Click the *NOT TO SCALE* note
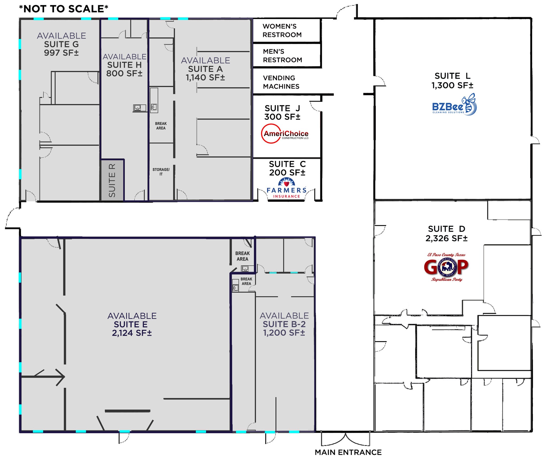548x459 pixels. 64,9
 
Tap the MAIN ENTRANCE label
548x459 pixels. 348,452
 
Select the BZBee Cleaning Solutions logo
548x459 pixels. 454,105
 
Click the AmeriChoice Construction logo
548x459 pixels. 285,134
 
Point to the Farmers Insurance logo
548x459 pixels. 287,188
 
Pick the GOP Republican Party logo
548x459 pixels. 446,267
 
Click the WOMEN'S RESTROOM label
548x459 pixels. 282,30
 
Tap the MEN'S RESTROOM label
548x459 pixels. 283,56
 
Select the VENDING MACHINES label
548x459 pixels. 281,82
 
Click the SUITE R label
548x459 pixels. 112,180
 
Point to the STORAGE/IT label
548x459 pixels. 161,172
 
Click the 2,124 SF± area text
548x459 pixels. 132,333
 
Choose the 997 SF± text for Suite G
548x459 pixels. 61,53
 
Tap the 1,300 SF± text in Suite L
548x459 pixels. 452,86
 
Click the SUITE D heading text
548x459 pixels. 447,229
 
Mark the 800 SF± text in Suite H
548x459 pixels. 124,74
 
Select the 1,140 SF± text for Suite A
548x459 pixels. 205,78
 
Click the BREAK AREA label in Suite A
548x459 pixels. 161,126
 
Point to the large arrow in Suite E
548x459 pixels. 43,377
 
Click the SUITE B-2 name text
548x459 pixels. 284,324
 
